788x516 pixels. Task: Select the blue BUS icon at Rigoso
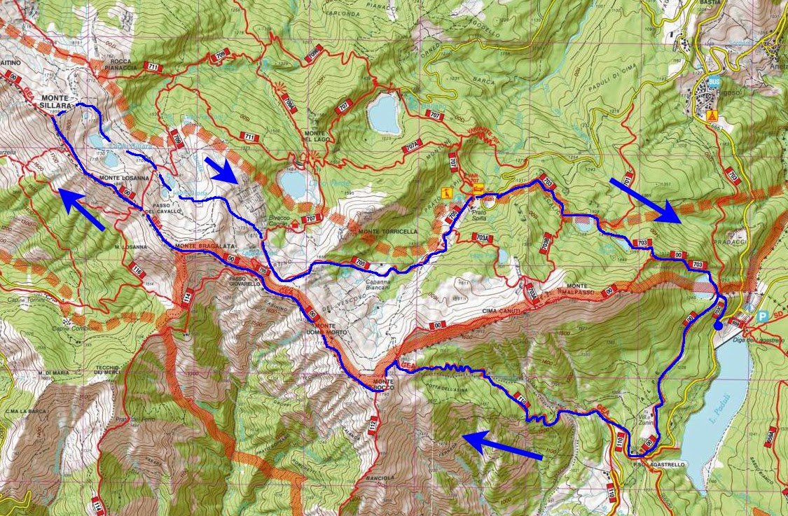tap(714, 83)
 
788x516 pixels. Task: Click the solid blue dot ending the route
tap(718, 325)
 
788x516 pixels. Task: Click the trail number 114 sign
tap(187, 297)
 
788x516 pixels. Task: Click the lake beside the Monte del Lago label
tap(384, 113)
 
